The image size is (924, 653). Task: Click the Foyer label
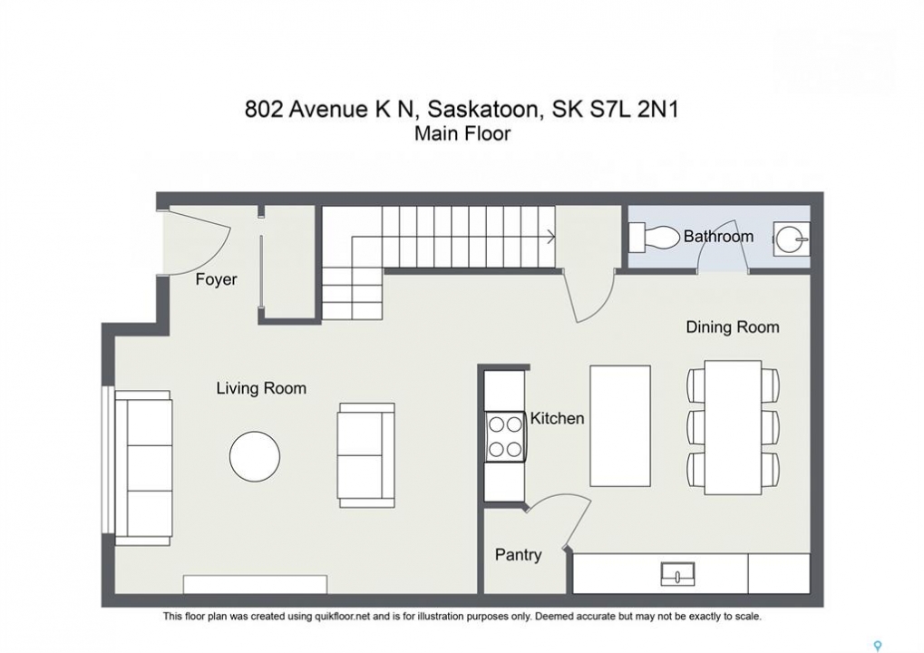click(217, 279)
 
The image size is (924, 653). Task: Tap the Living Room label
click(261, 388)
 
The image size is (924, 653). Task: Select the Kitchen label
click(557, 418)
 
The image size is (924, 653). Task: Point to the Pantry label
click(518, 554)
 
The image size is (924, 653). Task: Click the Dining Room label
click(733, 327)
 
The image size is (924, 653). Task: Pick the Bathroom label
click(718, 237)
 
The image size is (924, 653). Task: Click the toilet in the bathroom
click(654, 238)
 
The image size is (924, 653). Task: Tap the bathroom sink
click(792, 239)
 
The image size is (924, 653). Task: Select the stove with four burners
click(505, 437)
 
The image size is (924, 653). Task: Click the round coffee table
click(255, 456)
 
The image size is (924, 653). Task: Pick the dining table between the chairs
click(733, 428)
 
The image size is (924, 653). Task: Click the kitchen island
click(620, 425)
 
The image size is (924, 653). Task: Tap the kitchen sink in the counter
click(677, 573)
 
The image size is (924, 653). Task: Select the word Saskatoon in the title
click(482, 109)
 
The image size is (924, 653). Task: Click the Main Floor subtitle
click(462, 134)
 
